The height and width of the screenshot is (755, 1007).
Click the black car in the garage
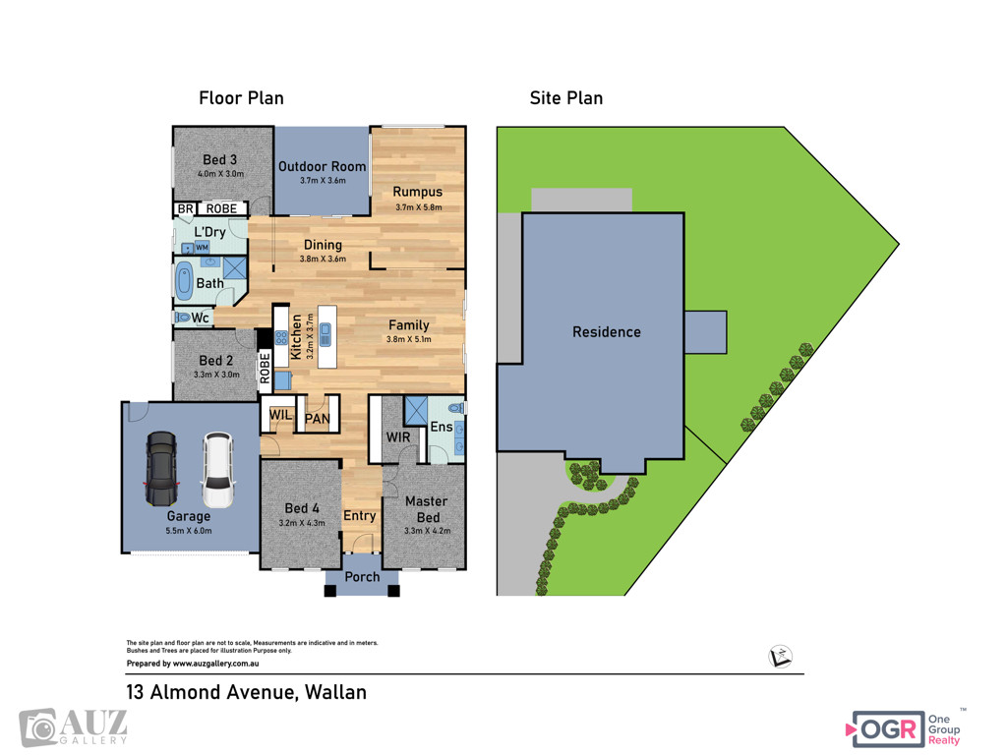(x=160, y=469)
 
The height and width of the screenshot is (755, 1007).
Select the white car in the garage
(x=218, y=470)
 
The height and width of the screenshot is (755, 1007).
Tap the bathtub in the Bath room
(x=184, y=281)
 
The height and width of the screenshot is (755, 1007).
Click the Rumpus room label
(x=417, y=192)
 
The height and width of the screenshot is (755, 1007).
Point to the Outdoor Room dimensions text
(x=323, y=181)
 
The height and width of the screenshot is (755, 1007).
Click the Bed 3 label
(x=219, y=160)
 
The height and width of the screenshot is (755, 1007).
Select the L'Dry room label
(x=209, y=232)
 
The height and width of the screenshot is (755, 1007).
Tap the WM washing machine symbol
(x=202, y=247)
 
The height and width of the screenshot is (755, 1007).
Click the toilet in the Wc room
(x=182, y=318)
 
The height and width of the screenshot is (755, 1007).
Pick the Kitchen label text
(x=296, y=337)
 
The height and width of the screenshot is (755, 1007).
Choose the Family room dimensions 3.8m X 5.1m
(x=408, y=339)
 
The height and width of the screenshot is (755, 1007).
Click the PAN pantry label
(x=318, y=419)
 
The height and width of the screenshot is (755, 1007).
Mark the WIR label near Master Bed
(x=398, y=437)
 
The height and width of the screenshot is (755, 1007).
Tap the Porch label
(x=362, y=576)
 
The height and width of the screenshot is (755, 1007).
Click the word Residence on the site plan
(x=606, y=332)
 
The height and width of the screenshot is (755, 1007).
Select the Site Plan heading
(x=566, y=98)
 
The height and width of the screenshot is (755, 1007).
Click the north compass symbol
(x=780, y=656)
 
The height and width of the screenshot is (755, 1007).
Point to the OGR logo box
(x=888, y=728)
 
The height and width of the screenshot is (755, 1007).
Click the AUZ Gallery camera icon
(x=38, y=728)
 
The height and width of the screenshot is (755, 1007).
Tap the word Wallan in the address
(x=335, y=692)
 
